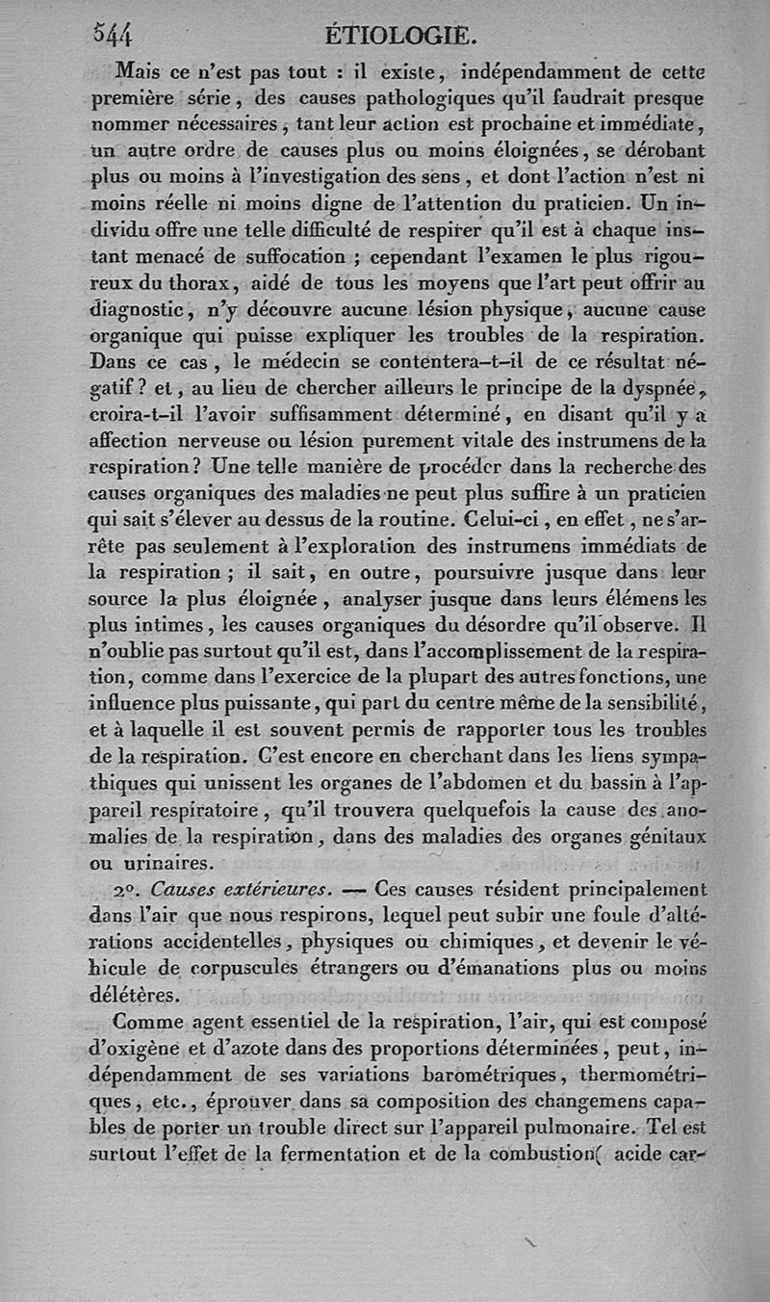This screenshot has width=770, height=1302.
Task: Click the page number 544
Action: point(112,35)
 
